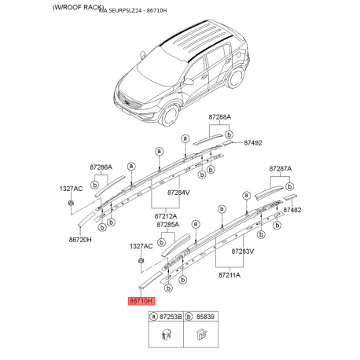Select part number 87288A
tap(219, 117)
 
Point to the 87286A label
tap(101, 167)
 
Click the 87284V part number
tap(178, 192)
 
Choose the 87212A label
tap(165, 215)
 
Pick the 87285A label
tap(168, 225)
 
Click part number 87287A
tap(280, 169)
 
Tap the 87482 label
tap(292, 211)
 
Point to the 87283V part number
tap(242, 252)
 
